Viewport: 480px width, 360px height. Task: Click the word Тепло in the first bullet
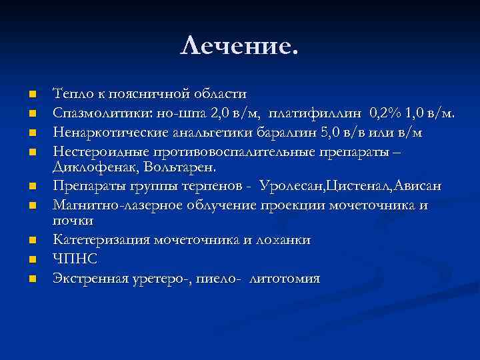(70, 93)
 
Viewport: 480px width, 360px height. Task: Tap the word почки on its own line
(73, 219)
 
